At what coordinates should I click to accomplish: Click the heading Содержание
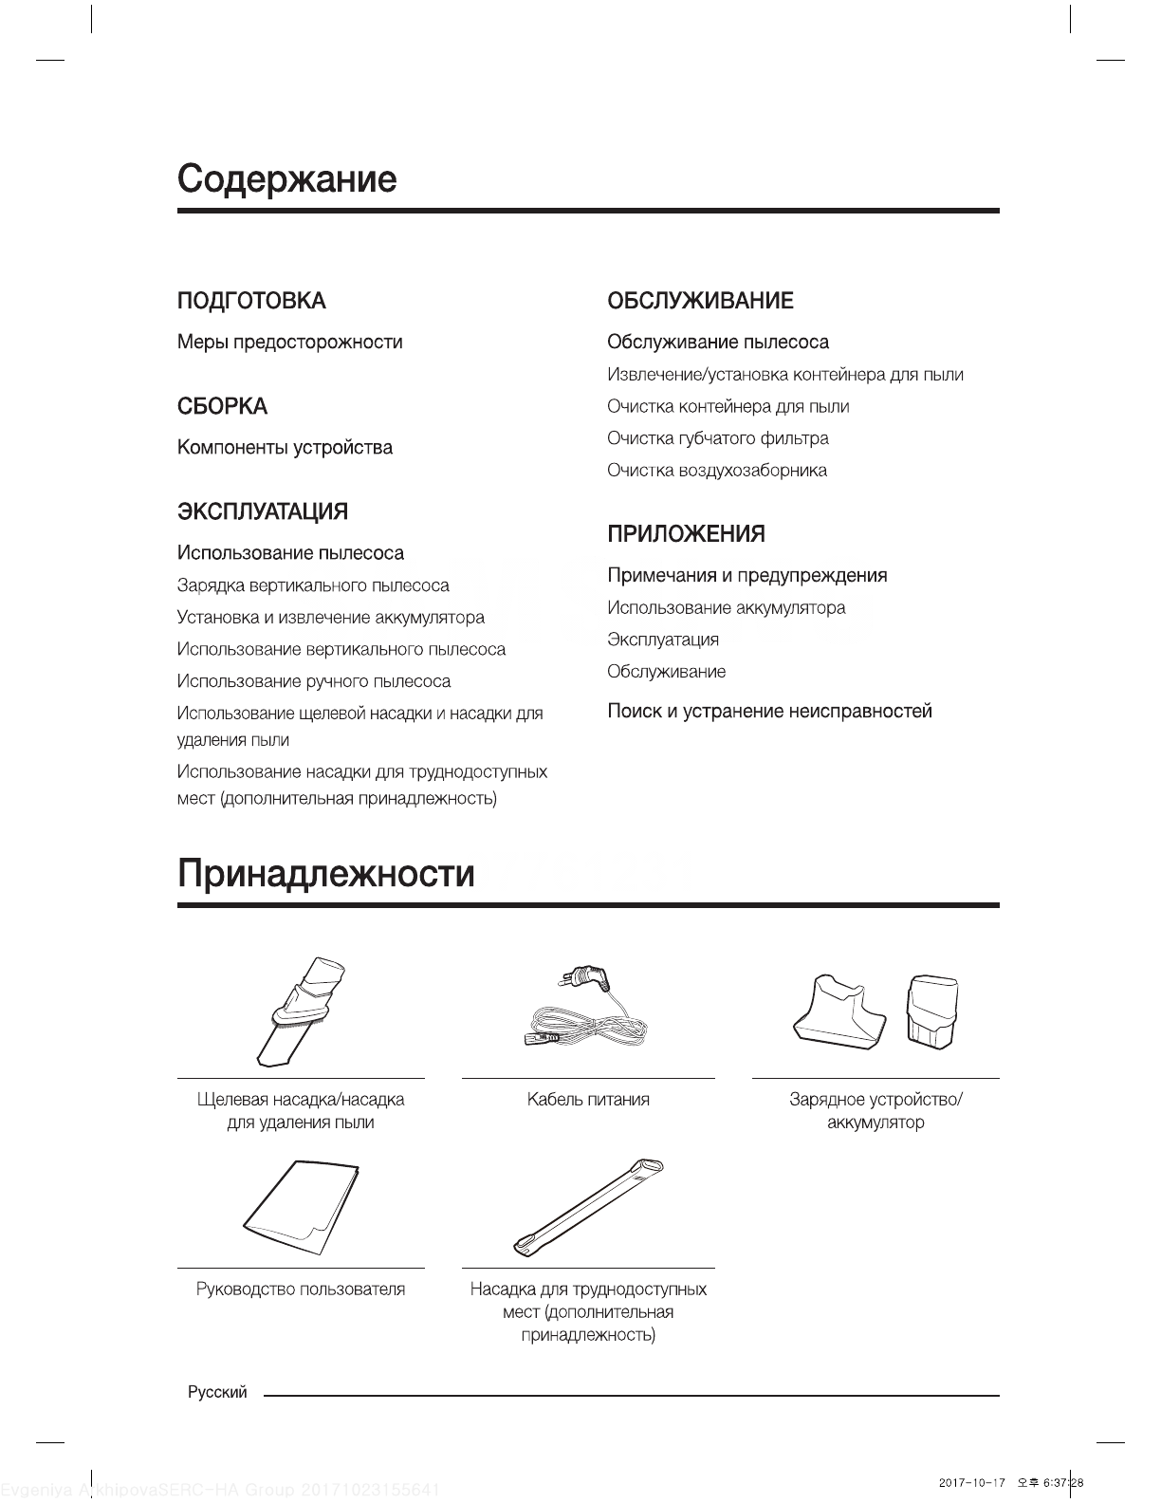[x=286, y=178]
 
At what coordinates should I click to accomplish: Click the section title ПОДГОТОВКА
[x=251, y=301]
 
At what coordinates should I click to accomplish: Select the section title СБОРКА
[x=222, y=406]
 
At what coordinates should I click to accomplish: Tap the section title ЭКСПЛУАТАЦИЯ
[x=263, y=511]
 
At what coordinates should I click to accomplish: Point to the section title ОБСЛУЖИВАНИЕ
[x=700, y=301]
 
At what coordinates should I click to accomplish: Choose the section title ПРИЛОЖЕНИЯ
[x=686, y=534]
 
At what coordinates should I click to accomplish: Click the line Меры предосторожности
[x=289, y=342]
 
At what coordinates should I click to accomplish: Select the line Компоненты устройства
[x=285, y=447]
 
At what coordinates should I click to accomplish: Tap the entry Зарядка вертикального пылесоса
[x=313, y=585]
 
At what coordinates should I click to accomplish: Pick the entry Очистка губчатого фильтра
[x=717, y=438]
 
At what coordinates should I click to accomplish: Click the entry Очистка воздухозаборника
[x=716, y=471]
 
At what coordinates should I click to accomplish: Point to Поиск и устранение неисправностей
[x=769, y=711]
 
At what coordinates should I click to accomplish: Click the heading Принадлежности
[x=325, y=873]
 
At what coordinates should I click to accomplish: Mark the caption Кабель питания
[x=588, y=1100]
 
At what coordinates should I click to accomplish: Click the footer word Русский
[x=217, y=1393]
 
